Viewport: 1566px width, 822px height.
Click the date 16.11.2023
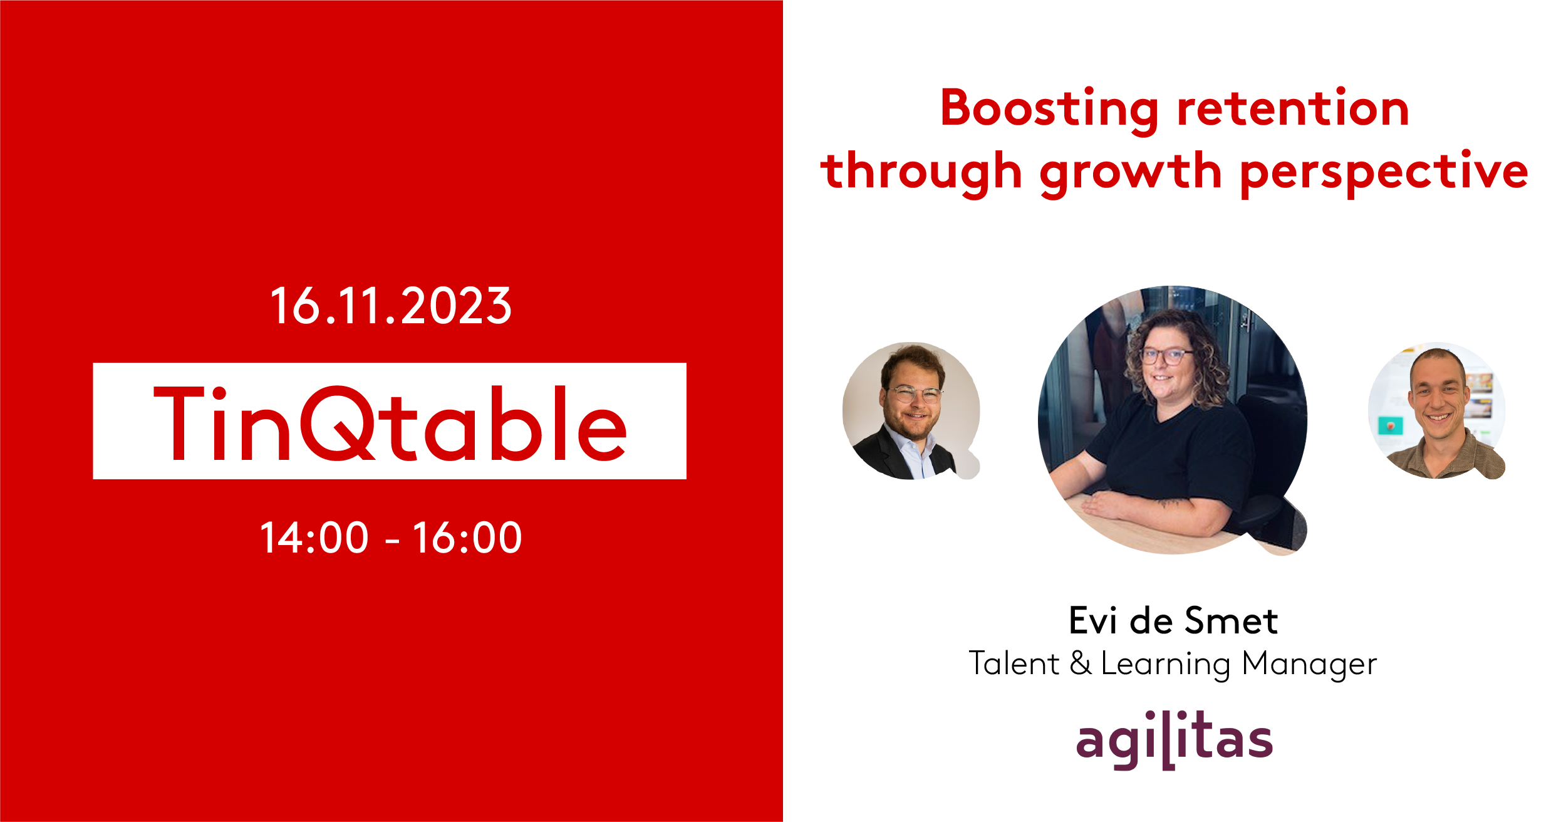391,306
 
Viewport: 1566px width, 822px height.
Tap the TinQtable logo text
390,423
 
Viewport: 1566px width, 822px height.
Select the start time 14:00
314,538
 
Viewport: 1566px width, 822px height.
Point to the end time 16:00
467,538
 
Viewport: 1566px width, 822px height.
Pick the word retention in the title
1294,108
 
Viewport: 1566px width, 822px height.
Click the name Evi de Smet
1173,621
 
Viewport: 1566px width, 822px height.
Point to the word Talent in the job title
1014,663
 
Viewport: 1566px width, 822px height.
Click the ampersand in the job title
1081,663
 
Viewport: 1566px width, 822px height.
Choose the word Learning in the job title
1165,665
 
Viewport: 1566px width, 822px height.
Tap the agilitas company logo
1174,739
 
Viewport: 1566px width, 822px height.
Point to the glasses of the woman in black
1166,356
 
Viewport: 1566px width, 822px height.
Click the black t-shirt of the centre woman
1165,451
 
